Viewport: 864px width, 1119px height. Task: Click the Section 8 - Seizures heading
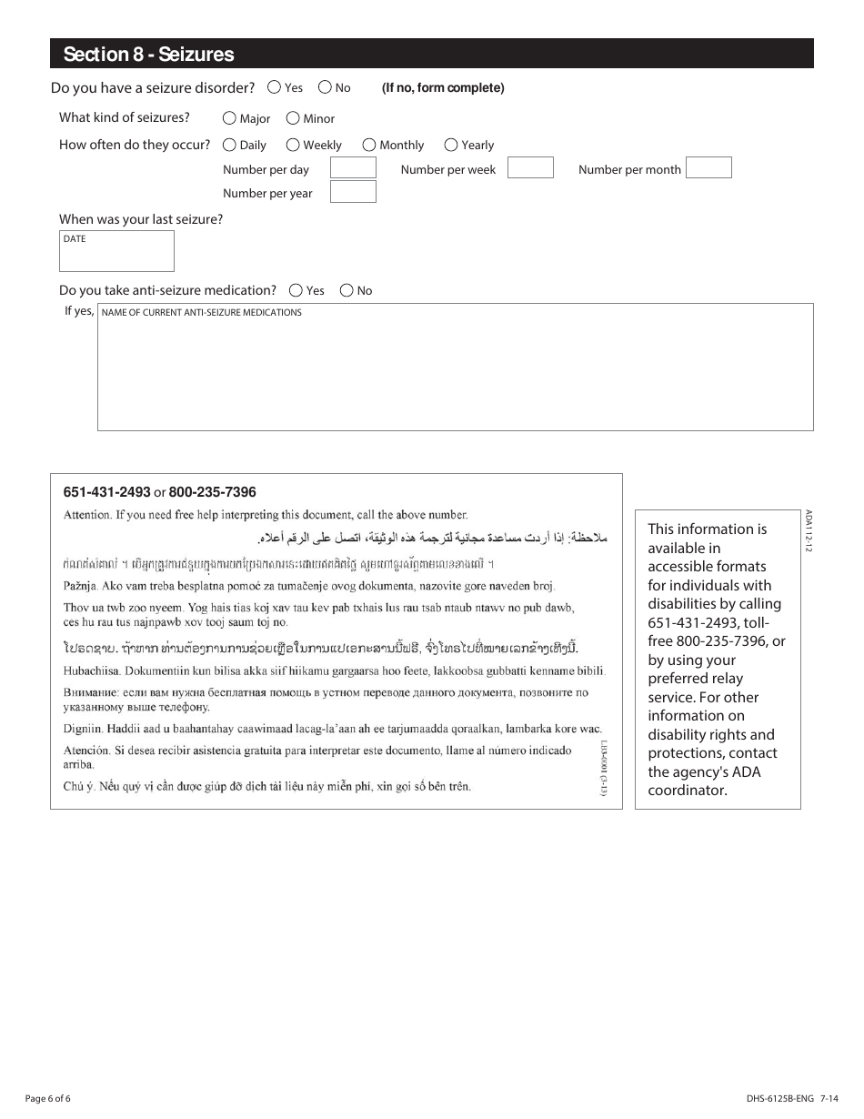tap(148, 55)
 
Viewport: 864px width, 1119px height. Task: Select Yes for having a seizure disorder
tap(275, 87)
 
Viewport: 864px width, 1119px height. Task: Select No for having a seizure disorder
tap(325, 87)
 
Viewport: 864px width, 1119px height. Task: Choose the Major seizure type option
tap(229, 118)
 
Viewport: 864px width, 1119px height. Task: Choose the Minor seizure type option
tap(293, 118)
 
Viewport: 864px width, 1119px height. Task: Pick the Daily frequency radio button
tap(229, 145)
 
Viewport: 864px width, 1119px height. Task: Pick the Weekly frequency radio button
tap(293, 145)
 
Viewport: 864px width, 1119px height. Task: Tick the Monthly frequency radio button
tap(369, 145)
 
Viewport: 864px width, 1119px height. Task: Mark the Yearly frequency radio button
tap(451, 145)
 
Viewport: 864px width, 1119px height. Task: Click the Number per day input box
tap(353, 167)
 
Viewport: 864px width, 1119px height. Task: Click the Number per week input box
tap(530, 167)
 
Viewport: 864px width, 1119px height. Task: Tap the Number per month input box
tap(708, 167)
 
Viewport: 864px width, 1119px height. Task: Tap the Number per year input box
tap(353, 192)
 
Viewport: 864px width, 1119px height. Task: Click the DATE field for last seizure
tap(116, 252)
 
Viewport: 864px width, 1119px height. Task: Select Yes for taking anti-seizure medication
tap(296, 290)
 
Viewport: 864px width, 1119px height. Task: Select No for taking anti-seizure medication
tap(347, 290)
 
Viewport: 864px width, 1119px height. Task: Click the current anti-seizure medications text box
tap(455, 368)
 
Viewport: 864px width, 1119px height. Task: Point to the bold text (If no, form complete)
tap(443, 88)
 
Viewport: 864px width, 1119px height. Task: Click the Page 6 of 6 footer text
tap(48, 1098)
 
